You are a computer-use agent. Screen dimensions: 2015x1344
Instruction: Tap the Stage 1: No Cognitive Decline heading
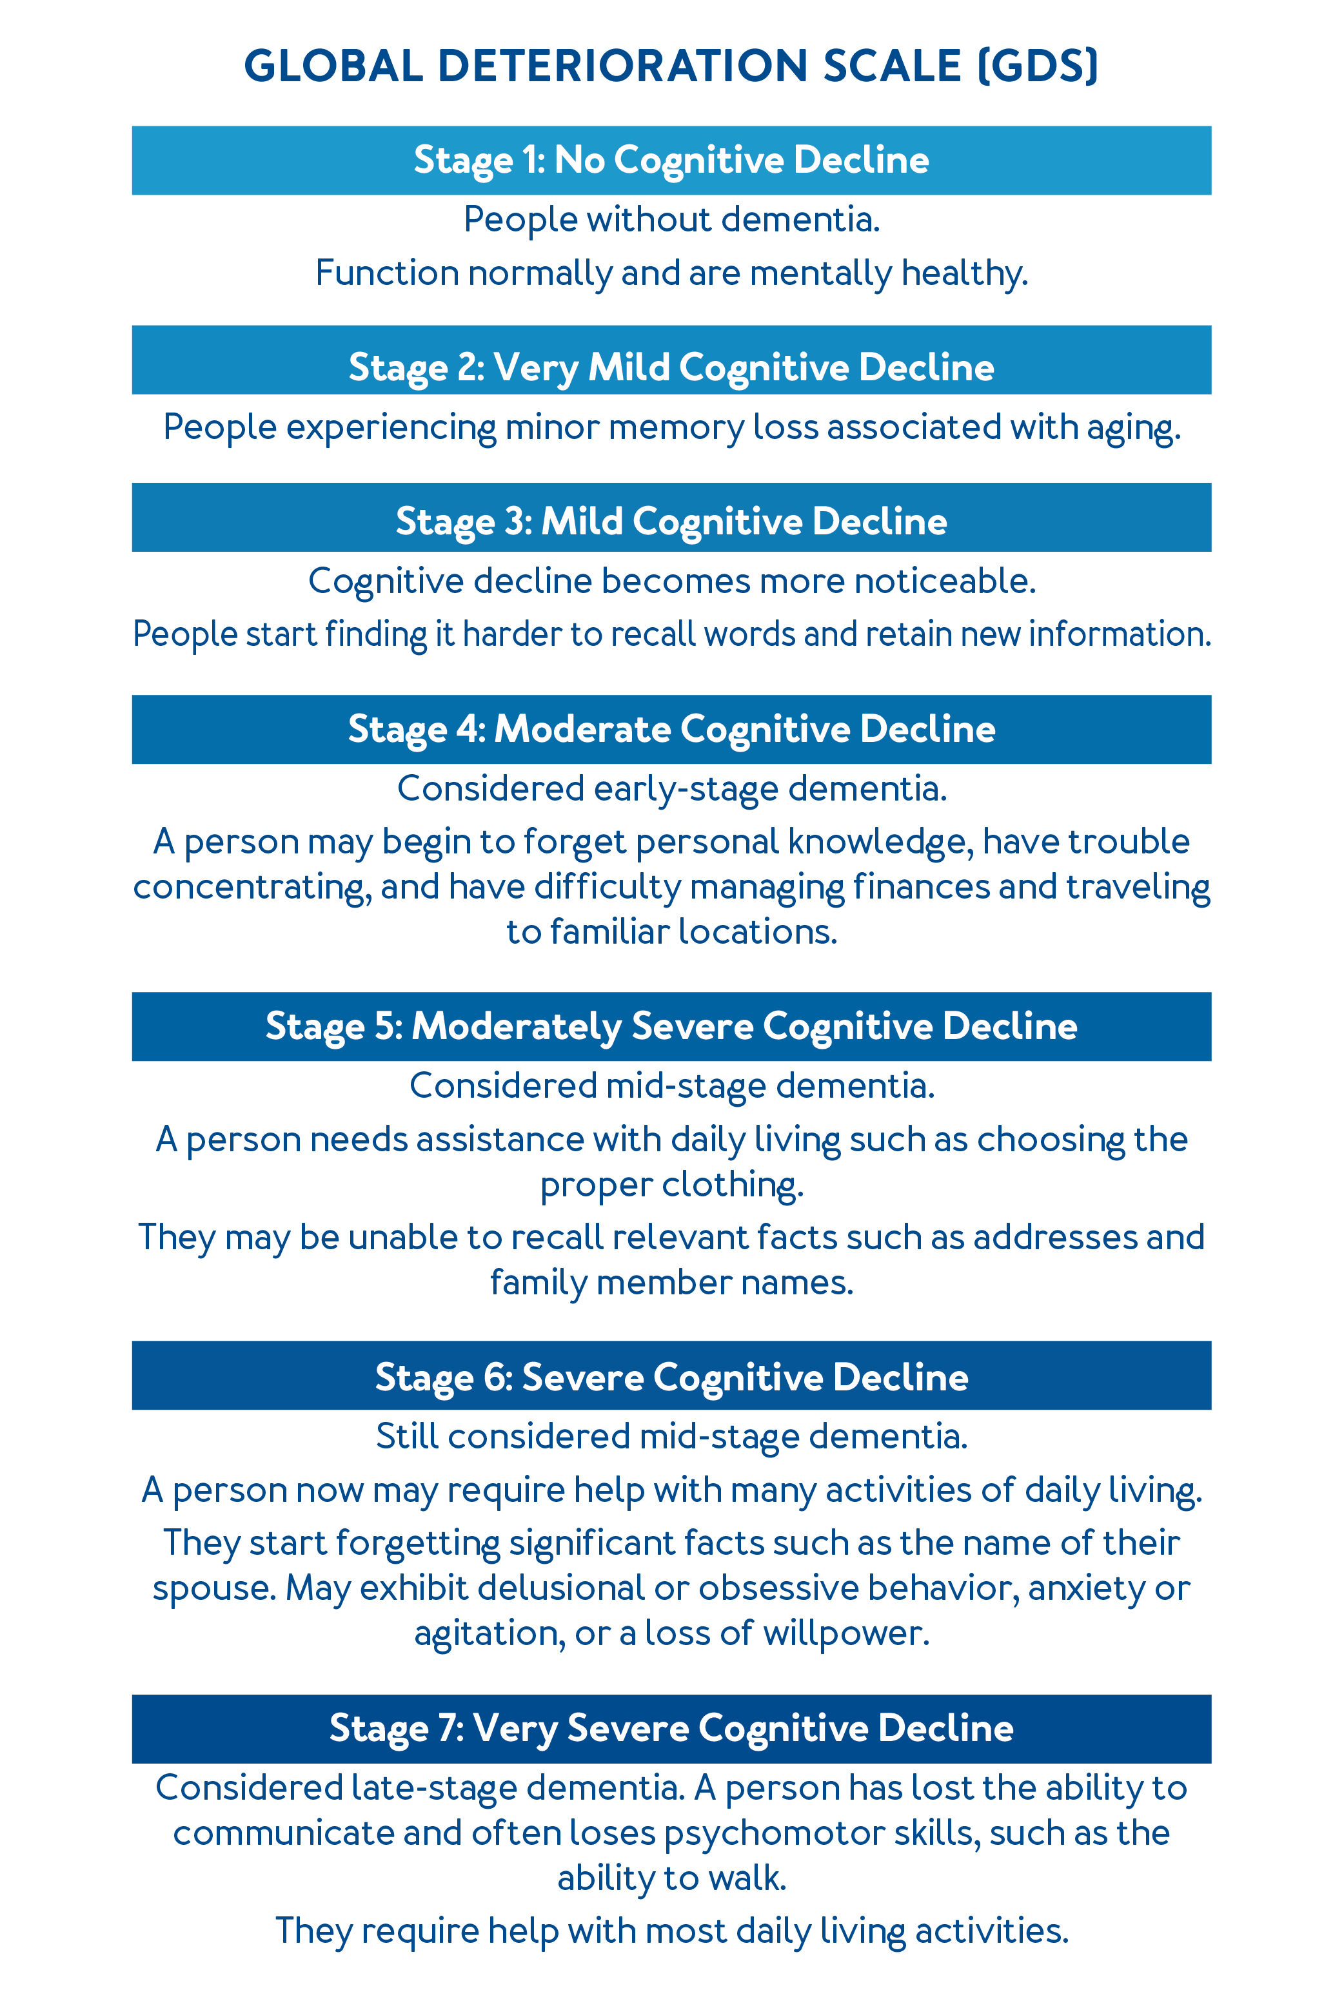(671, 161)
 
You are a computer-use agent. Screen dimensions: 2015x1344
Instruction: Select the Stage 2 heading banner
(671, 366)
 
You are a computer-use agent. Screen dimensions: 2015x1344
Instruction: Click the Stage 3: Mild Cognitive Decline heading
(671, 521)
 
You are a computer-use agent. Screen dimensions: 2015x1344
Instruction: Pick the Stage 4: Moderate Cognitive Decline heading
(671, 729)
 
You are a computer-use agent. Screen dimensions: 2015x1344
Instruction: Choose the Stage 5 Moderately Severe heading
(671, 1026)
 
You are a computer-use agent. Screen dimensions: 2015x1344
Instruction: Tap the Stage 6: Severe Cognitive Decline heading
(671, 1377)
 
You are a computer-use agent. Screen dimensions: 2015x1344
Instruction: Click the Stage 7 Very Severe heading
(671, 1728)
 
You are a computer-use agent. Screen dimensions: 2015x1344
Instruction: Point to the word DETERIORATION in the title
(622, 66)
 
